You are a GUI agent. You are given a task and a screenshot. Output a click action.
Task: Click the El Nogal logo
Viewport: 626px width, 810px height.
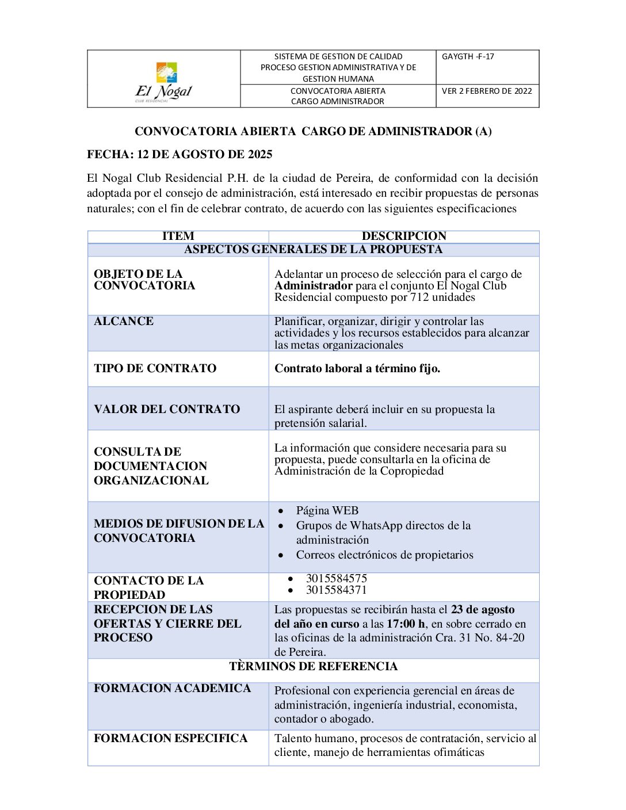point(164,81)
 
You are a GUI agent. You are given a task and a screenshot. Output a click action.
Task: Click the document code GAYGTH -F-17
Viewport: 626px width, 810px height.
point(468,56)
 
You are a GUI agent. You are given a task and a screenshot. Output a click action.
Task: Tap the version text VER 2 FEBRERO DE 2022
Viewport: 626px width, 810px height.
point(487,91)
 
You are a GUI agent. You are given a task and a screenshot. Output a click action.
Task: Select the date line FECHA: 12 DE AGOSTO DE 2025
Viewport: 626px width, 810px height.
point(180,154)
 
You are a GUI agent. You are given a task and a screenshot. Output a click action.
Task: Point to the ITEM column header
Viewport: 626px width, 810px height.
point(178,236)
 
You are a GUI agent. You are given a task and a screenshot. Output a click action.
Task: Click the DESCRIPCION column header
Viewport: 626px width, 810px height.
point(404,236)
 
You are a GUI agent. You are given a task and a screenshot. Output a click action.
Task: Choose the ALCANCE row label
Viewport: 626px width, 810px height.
point(124,321)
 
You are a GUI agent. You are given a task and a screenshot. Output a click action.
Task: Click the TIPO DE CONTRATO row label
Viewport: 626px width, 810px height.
point(155,368)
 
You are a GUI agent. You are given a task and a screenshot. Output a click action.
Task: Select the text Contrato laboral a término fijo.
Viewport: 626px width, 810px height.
point(357,369)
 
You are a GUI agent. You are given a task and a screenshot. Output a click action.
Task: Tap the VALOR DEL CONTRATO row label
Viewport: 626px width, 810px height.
point(167,409)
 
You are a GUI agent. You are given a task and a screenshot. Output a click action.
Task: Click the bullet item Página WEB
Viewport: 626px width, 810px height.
point(327,511)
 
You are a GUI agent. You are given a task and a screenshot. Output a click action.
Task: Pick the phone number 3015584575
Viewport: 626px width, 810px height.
point(336,578)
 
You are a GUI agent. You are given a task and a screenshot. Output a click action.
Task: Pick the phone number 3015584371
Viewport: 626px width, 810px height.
point(336,590)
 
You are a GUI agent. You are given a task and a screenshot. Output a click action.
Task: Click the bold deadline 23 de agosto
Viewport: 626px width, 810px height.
point(483,610)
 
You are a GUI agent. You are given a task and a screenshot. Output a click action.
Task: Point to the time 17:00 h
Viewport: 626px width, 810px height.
point(406,624)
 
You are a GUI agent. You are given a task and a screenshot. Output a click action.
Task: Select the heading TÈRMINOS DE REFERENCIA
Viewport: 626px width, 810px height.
point(313,666)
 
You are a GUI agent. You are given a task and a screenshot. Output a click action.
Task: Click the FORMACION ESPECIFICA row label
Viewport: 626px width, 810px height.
point(170,738)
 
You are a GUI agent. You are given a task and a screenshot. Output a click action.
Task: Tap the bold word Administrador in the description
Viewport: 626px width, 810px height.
point(314,286)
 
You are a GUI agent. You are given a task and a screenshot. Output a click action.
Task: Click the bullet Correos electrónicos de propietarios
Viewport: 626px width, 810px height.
point(384,555)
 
